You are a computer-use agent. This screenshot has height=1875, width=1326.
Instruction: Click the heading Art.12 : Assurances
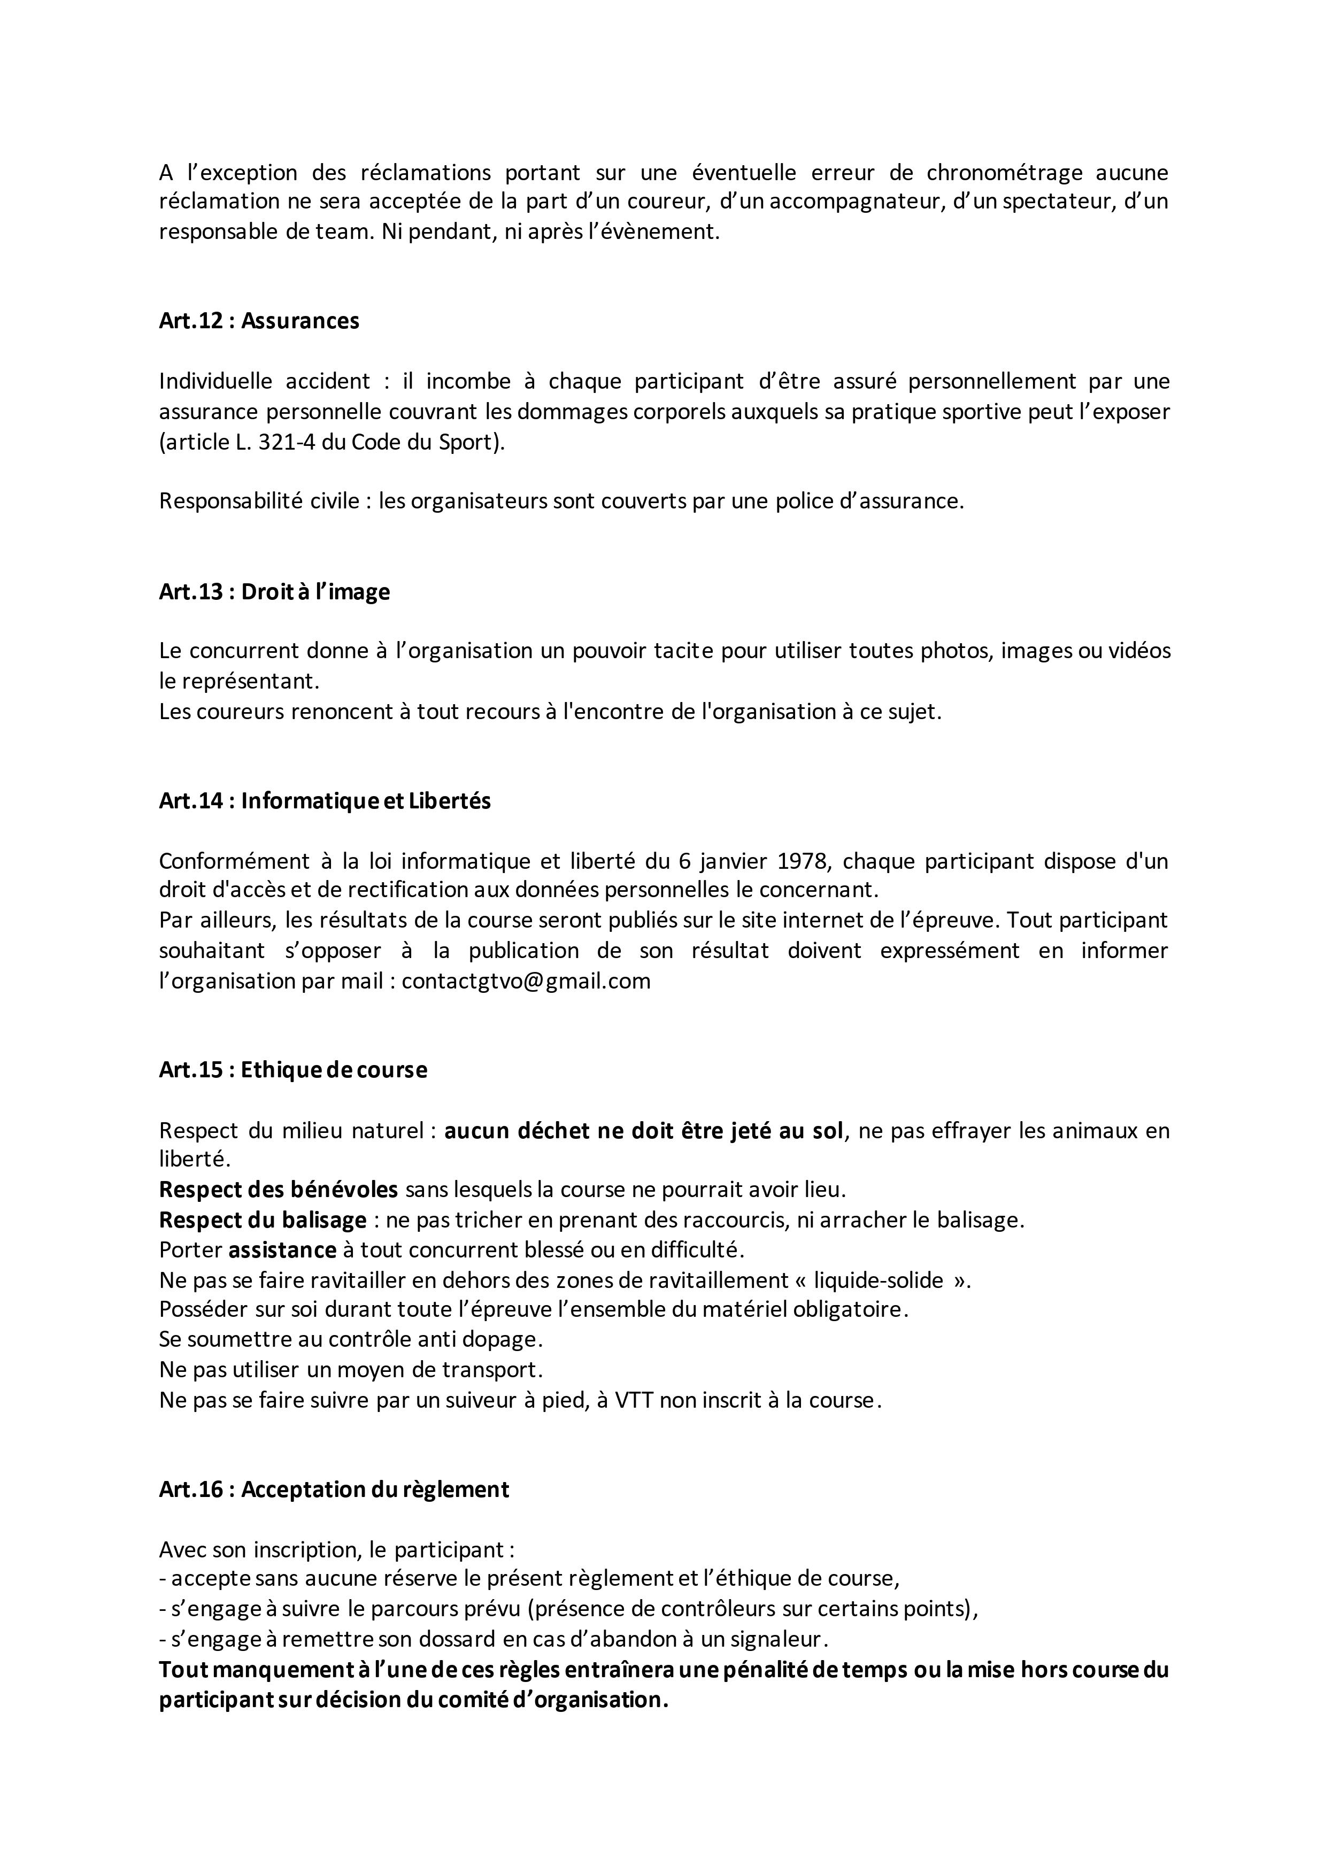259,321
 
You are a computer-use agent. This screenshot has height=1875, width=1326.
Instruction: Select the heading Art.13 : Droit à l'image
274,592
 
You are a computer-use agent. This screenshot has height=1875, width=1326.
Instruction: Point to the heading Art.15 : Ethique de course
293,1070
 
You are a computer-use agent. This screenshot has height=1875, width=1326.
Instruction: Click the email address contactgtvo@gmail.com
526,981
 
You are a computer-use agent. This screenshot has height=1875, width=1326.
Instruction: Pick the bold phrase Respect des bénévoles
279,1190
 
